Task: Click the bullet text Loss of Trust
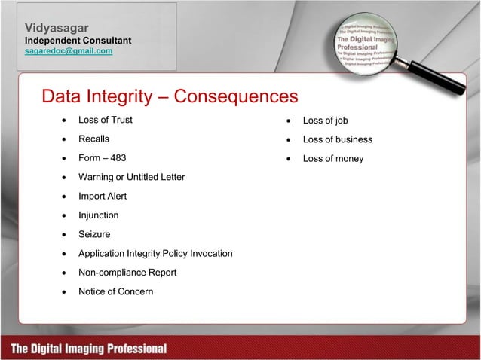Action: (106, 121)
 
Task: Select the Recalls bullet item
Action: (93, 139)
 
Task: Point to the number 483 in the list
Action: (117, 158)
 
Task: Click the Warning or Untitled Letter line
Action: (131, 177)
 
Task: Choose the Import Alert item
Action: (103, 196)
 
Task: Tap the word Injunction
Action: (98, 215)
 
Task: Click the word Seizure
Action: (94, 234)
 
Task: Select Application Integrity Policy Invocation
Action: (155, 253)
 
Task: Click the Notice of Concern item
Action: (115, 291)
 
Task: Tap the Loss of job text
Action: (325, 121)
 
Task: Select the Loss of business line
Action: (337, 139)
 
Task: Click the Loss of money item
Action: (332, 158)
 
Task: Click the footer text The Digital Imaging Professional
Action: (89, 349)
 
